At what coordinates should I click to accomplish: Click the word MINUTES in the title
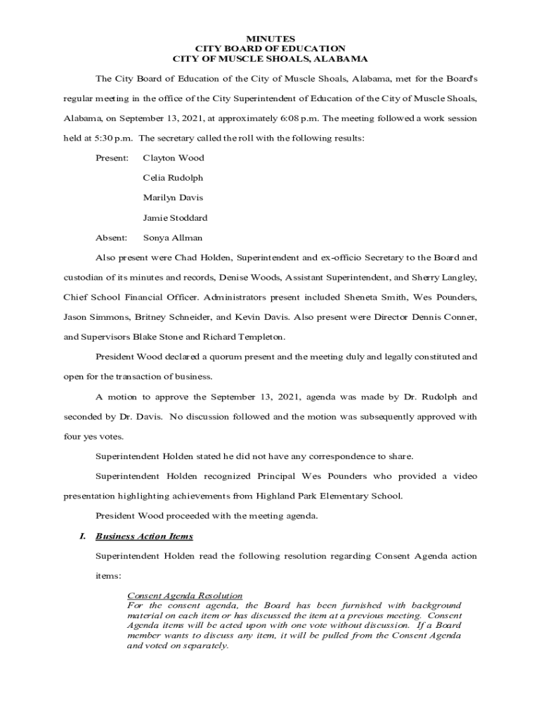coord(270,38)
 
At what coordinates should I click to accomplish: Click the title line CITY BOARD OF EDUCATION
coord(270,49)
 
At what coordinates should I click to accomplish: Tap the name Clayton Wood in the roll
coord(173,158)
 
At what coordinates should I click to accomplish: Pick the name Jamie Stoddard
coord(175,218)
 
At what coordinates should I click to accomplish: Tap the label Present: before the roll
coord(112,158)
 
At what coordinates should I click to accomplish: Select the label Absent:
coord(111,238)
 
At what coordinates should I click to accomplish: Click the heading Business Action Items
coord(144,536)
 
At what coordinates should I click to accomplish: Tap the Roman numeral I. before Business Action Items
coord(82,536)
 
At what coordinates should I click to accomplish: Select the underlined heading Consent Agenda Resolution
coord(185,596)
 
